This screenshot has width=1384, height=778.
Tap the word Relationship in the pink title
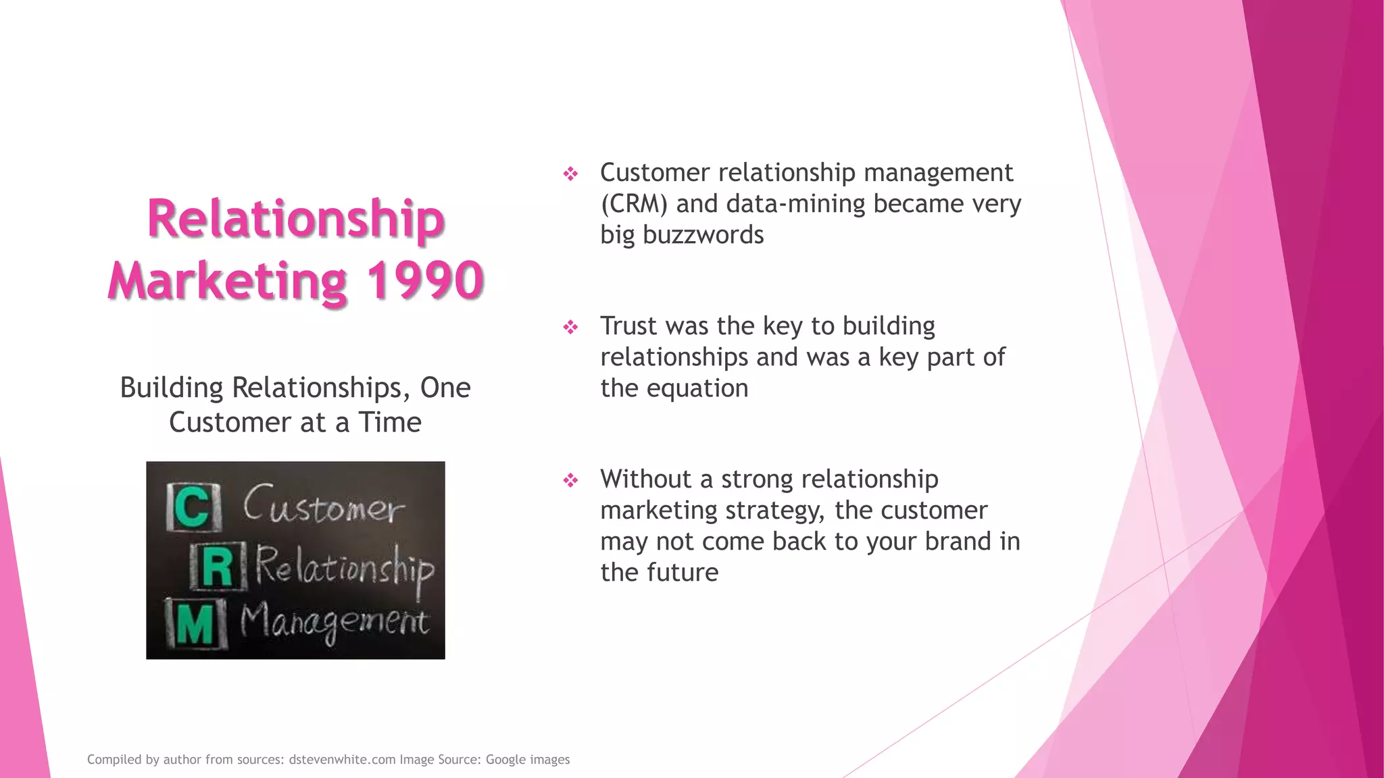[295, 218]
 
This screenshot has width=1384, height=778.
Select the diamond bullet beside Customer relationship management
[571, 174]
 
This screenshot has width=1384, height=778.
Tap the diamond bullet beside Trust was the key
[571, 328]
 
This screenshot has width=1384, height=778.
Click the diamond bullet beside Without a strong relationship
[571, 481]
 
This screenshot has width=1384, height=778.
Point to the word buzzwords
[703, 235]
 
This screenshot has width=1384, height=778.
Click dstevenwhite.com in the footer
[342, 760]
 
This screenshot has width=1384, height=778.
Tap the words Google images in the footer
[528, 760]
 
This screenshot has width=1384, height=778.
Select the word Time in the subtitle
[390, 423]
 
